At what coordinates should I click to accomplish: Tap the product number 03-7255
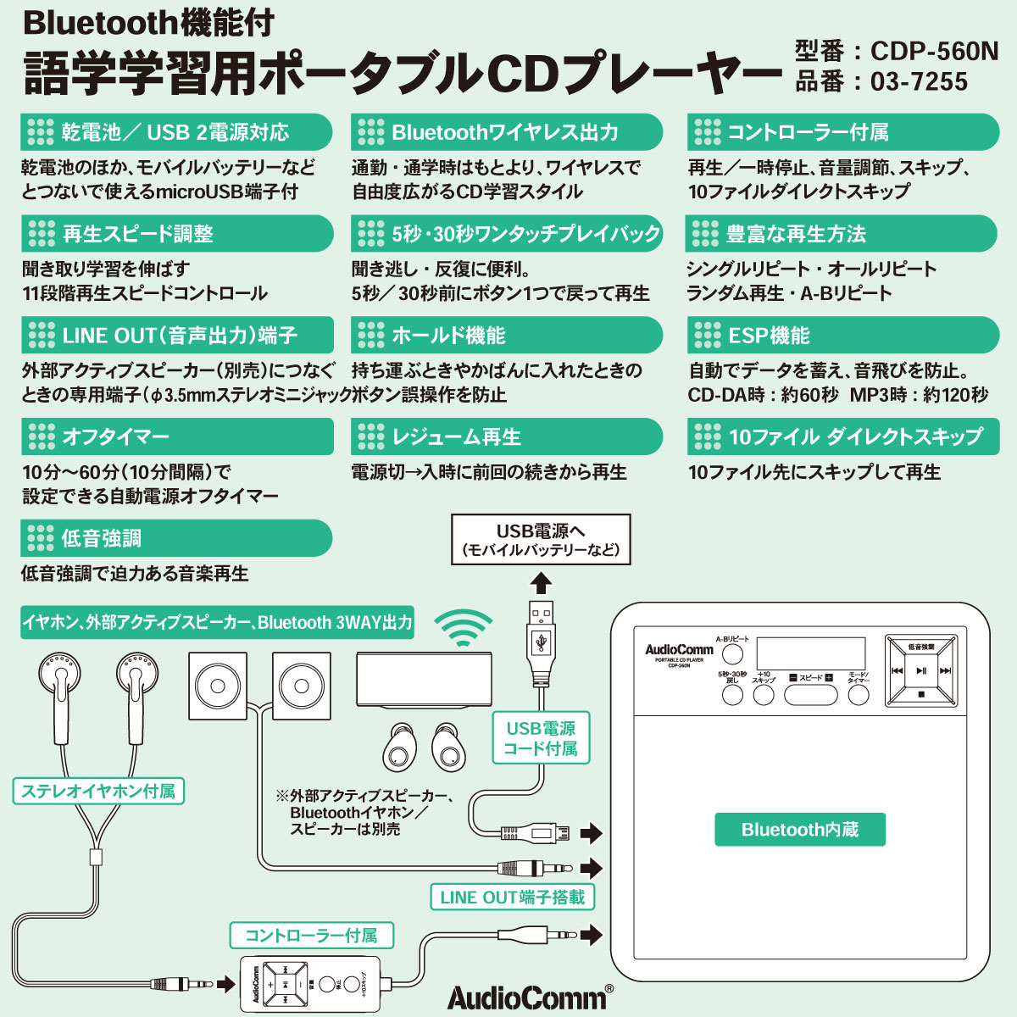[919, 82]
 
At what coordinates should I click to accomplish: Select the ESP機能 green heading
[842, 336]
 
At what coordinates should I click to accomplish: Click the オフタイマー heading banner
[176, 437]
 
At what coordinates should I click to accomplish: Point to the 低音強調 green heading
[176, 538]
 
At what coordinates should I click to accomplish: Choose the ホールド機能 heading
[506, 336]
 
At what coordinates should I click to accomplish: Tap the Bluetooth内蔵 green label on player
[799, 830]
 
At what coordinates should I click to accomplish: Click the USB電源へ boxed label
[541, 540]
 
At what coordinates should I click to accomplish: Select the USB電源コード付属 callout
[541, 738]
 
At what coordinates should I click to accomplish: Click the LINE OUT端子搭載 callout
[512, 897]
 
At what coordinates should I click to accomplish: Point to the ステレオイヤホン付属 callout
[98, 792]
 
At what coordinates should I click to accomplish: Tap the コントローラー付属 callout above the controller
[311, 936]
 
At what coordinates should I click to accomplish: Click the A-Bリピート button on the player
[732, 653]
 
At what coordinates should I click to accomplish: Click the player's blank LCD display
[810, 654]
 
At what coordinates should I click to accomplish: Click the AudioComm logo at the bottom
[525, 997]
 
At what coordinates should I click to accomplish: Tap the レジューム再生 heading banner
[506, 437]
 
